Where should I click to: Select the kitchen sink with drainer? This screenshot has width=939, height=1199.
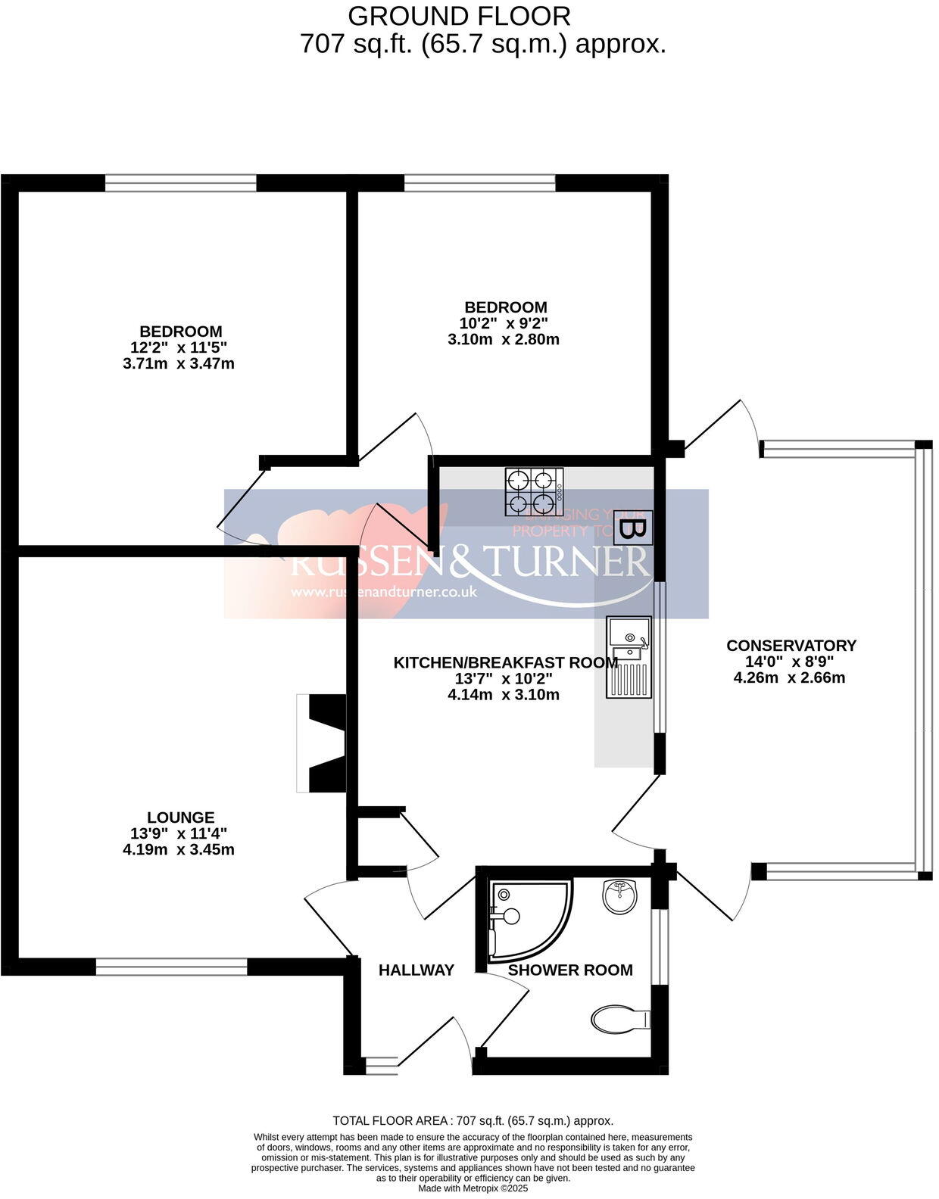pos(629,656)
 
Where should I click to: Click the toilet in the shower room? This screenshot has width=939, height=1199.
pos(622,1018)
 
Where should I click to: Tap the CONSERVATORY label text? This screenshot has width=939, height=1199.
pos(791,646)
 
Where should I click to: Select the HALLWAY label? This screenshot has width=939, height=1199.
pos(416,970)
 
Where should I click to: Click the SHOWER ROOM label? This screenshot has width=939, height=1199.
pos(569,970)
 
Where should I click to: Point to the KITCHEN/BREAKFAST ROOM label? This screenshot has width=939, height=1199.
pos(505,663)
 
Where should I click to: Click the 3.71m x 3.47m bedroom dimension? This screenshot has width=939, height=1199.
pos(179,363)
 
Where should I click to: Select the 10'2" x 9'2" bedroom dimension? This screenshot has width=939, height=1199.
pos(506,323)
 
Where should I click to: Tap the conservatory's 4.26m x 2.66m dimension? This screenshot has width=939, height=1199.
pos(789,677)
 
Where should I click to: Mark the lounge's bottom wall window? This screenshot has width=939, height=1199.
pos(171,967)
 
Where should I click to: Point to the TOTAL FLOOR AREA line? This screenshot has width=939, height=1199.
pos(473,1121)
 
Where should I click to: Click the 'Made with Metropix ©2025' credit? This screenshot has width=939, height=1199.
pos(473,1188)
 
